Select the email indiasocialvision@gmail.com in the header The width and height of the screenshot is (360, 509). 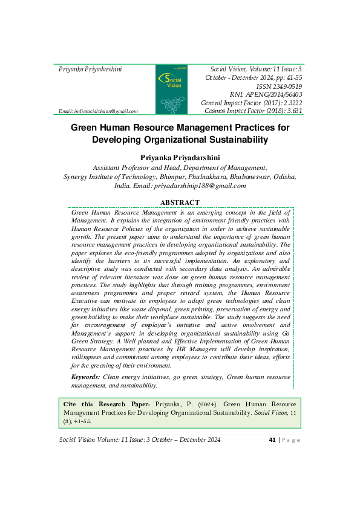point(98,111)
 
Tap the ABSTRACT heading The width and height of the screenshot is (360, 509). point(180,203)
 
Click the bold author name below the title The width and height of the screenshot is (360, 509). point(180,157)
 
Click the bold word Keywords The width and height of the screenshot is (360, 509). point(86,377)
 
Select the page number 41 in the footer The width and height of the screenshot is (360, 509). point(272,439)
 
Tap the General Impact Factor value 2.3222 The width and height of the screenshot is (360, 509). point(287,103)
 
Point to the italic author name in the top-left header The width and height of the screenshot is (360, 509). point(90,70)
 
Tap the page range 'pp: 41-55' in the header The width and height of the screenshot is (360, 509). point(284,78)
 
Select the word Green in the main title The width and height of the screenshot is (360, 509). point(87,128)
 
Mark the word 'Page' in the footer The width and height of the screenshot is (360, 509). point(290,439)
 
